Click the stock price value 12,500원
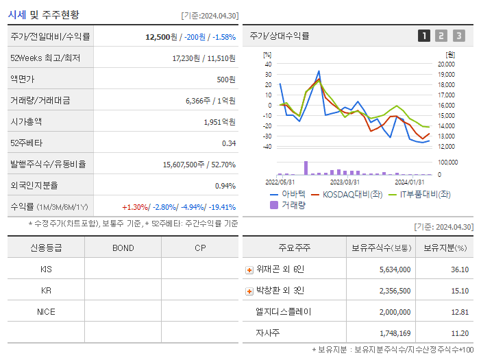pos(162,36)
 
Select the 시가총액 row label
pos(27,121)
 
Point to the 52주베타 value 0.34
pos(228,143)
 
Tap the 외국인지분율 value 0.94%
pos(225,185)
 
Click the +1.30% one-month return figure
pos(134,206)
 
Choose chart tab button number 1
pos(424,36)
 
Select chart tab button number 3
pos(458,36)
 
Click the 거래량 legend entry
pos(293,204)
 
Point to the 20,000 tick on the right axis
pos(447,64)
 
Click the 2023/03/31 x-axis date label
pos(345,182)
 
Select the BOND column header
pos(123,248)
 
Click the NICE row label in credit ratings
pos(46,311)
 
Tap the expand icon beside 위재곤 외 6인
pos(249,269)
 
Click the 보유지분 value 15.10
pos(459,291)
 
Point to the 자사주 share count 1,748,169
pos(391,333)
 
